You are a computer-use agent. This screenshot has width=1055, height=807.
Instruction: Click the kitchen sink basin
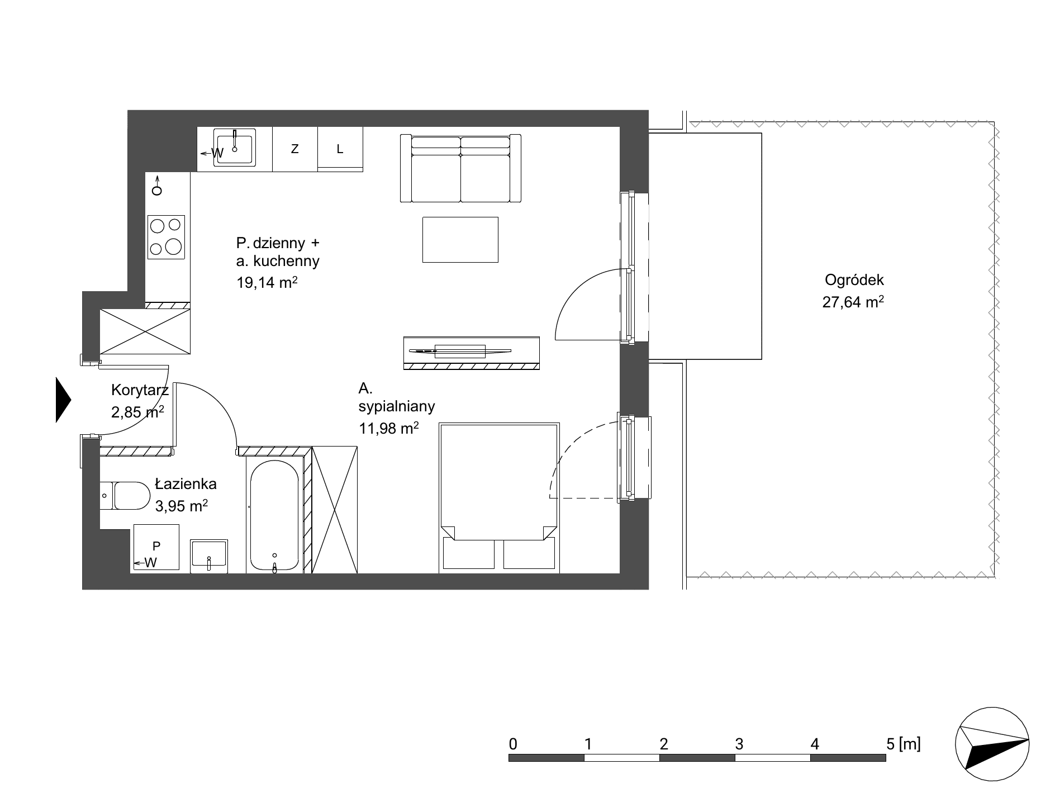click(235, 148)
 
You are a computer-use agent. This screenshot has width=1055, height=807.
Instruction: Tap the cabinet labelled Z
click(295, 149)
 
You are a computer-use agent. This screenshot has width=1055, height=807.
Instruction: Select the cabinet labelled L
click(340, 149)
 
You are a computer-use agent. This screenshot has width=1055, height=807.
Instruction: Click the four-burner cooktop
click(166, 237)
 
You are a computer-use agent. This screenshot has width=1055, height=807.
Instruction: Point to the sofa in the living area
click(460, 168)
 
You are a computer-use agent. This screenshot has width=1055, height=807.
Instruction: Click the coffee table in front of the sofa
click(460, 239)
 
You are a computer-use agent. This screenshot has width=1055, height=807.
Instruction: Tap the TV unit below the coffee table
click(472, 353)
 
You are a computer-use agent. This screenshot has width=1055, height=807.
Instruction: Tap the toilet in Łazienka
click(126, 496)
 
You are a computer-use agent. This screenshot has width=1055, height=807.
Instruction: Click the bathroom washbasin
click(209, 556)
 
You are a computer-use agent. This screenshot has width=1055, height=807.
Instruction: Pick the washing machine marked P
click(156, 548)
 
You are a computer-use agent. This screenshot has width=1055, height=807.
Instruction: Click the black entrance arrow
click(63, 400)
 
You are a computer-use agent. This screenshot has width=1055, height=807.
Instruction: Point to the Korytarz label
click(140, 390)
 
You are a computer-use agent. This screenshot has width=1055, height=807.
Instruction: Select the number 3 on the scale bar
click(739, 744)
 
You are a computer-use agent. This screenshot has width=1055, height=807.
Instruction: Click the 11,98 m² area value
click(389, 428)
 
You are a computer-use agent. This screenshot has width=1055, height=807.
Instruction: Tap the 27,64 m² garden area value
click(853, 302)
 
